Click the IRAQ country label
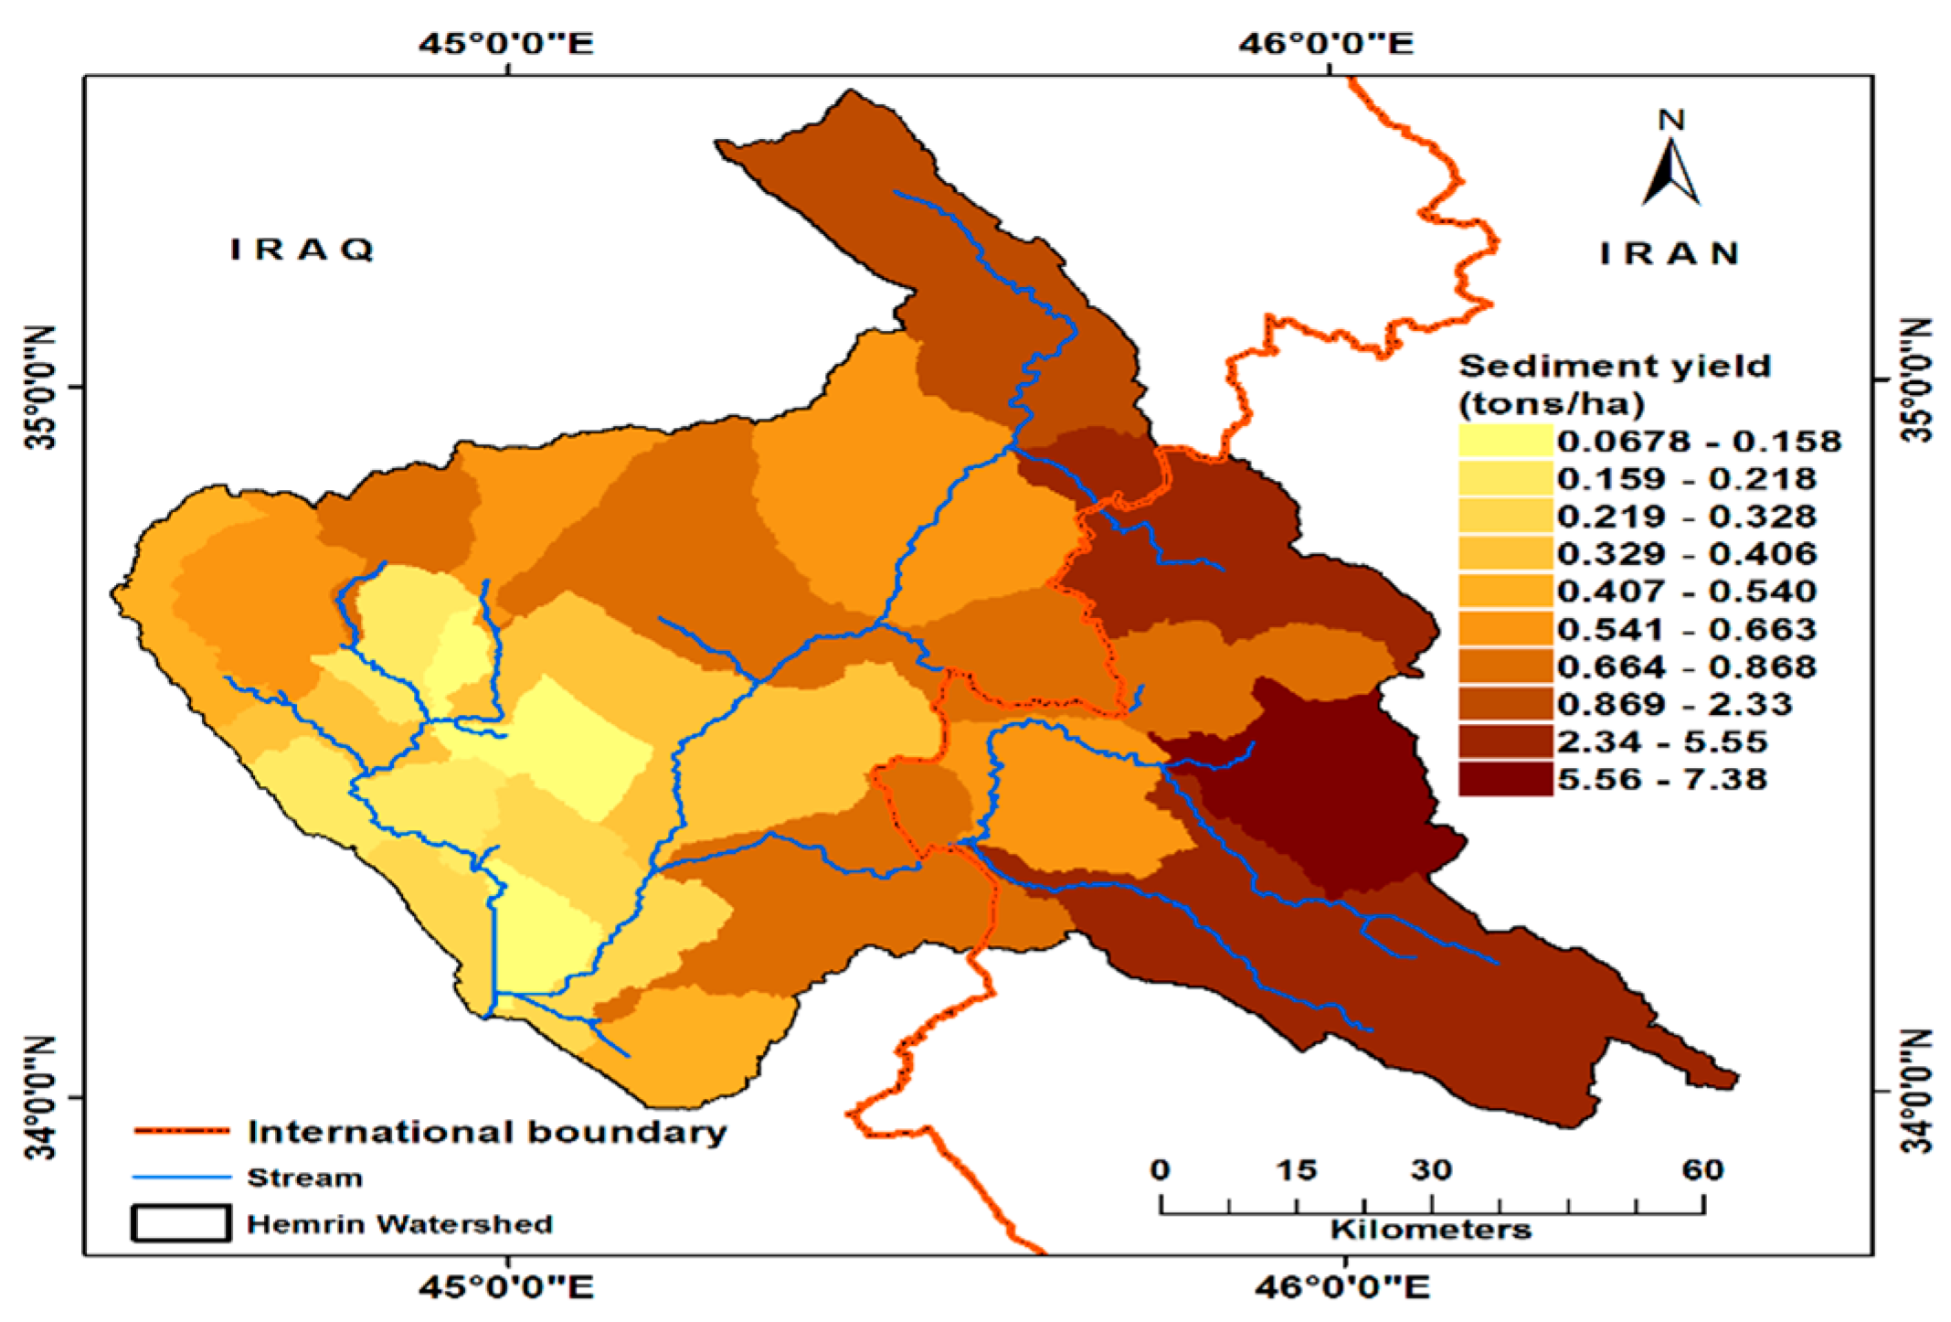[302, 250]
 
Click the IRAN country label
[1669, 253]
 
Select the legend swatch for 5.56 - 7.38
[1505, 779]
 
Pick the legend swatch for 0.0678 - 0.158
[1505, 441]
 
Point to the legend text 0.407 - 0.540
[1686, 591]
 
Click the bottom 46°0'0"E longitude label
[1341, 1287]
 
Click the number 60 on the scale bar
[1702, 1170]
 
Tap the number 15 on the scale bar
[1297, 1170]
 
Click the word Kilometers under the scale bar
[1430, 1230]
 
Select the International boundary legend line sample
[181, 1132]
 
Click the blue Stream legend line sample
[181, 1178]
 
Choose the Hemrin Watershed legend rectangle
[181, 1223]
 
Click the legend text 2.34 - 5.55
[1661, 741]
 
